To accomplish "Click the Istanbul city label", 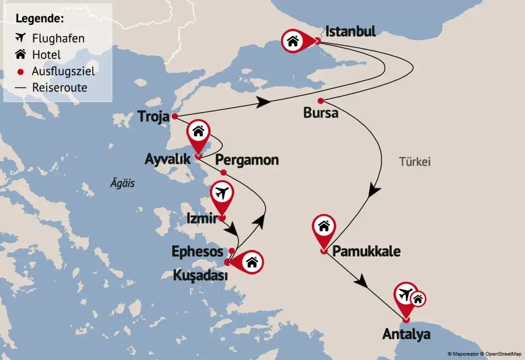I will tap(350, 31).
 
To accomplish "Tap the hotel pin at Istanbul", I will tap(293, 41).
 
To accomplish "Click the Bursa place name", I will tap(321, 113).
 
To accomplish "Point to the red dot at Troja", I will tap(175, 117).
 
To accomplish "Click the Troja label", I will tap(154, 117).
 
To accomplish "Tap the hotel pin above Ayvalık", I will tap(198, 132).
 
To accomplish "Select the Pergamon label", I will tap(247, 160).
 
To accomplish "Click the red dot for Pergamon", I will tap(223, 172).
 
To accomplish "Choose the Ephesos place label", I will tap(197, 251).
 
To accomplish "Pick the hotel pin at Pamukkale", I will tap(324, 226).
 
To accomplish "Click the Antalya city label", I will tap(406, 334).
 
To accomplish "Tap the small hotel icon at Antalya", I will tap(418, 299).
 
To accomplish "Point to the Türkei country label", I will tap(414, 162).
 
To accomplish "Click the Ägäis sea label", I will tap(122, 183).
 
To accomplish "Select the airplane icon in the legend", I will tap(21, 38).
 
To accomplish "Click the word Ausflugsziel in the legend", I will tap(63, 71).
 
